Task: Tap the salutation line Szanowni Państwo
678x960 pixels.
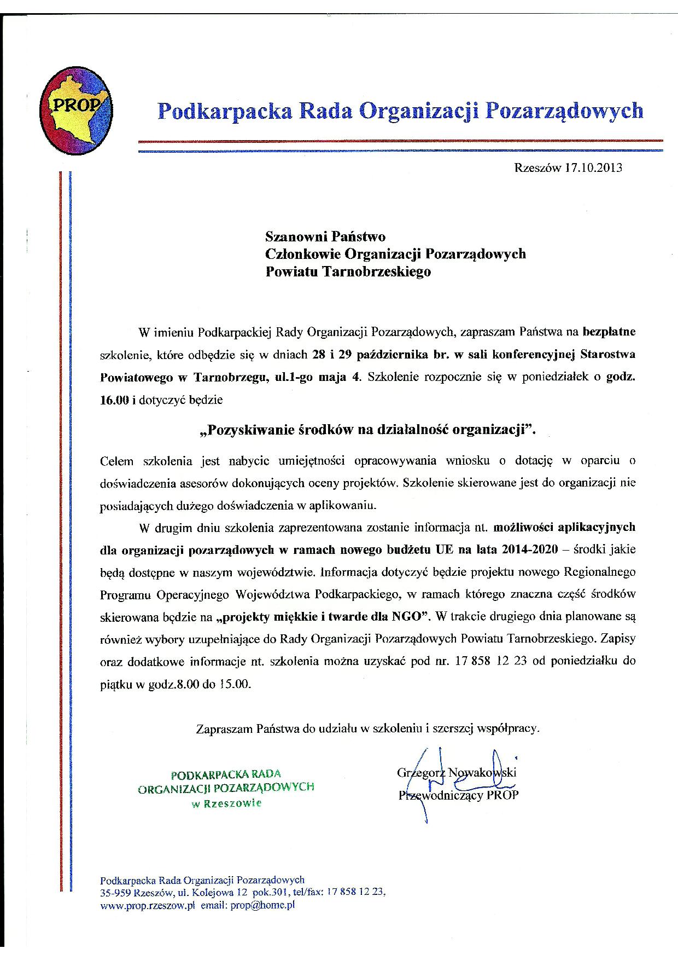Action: (x=325, y=236)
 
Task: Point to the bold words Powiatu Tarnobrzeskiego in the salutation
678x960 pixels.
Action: (x=348, y=271)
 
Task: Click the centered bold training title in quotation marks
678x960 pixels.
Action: (x=369, y=430)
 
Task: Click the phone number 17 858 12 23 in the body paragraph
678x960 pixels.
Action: (x=490, y=661)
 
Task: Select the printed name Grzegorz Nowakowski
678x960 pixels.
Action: (x=457, y=773)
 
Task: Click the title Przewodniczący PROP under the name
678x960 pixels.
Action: (x=458, y=795)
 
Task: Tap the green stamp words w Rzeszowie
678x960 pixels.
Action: (x=226, y=803)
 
